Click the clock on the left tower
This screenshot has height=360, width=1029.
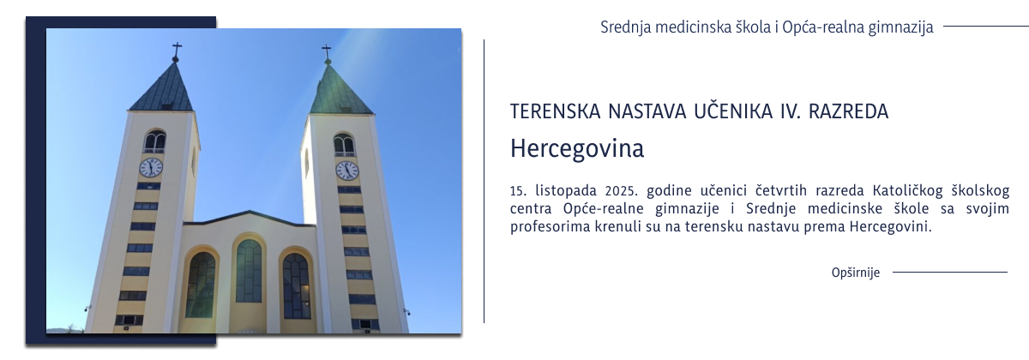pos(151,167)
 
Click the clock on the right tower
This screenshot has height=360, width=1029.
pos(346,170)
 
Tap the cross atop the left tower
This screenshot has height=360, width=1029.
pos(177,51)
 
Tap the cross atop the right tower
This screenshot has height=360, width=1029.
pos(327,53)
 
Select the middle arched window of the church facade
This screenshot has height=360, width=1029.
pos(249,271)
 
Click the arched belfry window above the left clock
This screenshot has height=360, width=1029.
pos(154,141)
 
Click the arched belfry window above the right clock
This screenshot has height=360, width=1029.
pos(344,144)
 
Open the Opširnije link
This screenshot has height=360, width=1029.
pos(856,273)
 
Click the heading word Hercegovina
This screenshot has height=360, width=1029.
pos(576,148)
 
